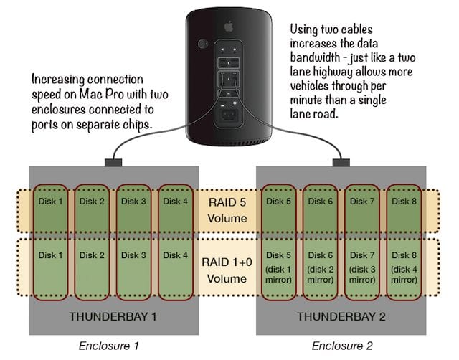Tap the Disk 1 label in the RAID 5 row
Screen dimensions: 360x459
[x=51, y=201]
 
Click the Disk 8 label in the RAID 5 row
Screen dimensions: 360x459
[x=404, y=201]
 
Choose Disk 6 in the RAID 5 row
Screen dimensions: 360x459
[x=321, y=201]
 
